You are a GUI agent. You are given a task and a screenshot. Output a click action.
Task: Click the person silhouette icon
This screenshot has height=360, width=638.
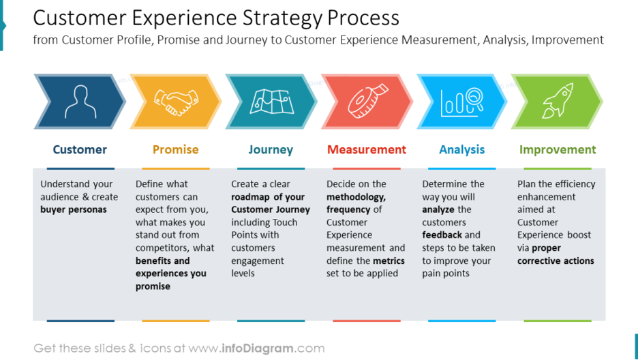click(80, 102)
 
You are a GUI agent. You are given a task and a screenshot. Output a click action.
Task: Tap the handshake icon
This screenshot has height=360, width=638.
click(176, 102)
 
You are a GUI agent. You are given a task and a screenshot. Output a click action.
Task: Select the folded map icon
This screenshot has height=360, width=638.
click(272, 102)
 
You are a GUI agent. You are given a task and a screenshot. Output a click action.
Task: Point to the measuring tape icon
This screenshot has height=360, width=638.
click(368, 101)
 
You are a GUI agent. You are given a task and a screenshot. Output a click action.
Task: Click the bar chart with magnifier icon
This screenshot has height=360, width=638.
click(462, 102)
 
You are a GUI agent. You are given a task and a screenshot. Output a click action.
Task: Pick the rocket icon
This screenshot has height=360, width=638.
click(558, 101)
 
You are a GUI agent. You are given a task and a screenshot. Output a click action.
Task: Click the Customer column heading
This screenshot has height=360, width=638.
click(80, 150)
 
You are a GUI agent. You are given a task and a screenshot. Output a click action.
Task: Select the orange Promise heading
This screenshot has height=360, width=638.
click(175, 150)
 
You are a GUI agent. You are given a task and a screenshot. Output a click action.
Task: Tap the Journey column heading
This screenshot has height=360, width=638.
click(271, 150)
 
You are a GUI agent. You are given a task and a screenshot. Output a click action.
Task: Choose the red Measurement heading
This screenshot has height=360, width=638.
click(367, 150)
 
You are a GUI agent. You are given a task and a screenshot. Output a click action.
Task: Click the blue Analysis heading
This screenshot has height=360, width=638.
click(462, 150)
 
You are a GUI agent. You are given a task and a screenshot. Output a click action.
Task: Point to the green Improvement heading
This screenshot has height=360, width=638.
click(558, 150)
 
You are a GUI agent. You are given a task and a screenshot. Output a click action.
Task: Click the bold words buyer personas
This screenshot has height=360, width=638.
click(73, 210)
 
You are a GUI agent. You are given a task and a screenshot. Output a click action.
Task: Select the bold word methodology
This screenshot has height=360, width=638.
click(356, 197)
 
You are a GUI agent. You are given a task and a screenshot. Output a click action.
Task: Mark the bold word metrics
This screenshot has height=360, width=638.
click(389, 260)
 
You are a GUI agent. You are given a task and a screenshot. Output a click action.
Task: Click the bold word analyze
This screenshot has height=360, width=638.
click(438, 210)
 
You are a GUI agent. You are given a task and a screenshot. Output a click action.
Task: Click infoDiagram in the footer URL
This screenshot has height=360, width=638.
click(258, 348)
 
